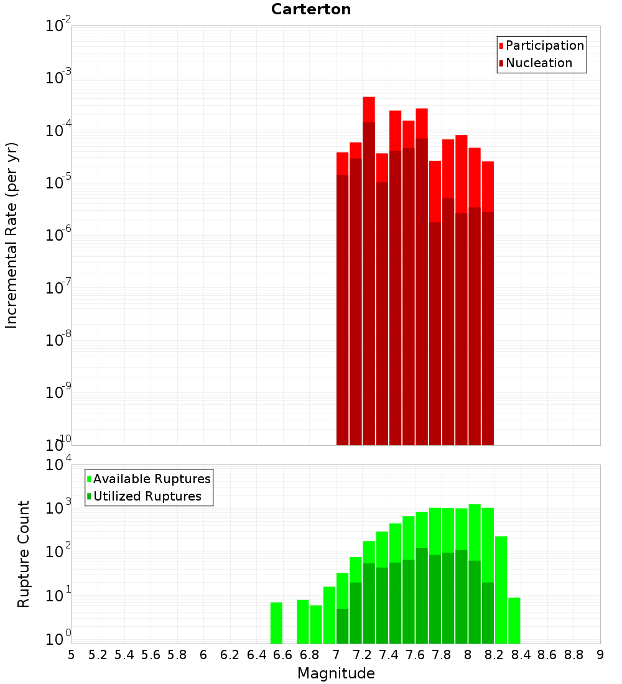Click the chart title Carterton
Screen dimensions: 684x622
pos(311,9)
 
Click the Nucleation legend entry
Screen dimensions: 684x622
pos(538,63)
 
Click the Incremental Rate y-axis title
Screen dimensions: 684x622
pos(12,235)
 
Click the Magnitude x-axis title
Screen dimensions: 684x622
pos(336,673)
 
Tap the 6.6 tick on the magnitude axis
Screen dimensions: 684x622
pos(283,655)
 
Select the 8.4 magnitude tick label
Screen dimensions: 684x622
pos(521,655)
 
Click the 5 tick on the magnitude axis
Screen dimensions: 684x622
pos(72,655)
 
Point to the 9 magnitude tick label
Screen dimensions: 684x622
pos(600,655)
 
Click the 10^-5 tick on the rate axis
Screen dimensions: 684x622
pos(57,183)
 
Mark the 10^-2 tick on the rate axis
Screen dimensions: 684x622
pos(57,26)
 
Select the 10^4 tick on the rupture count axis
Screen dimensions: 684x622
pos(57,465)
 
